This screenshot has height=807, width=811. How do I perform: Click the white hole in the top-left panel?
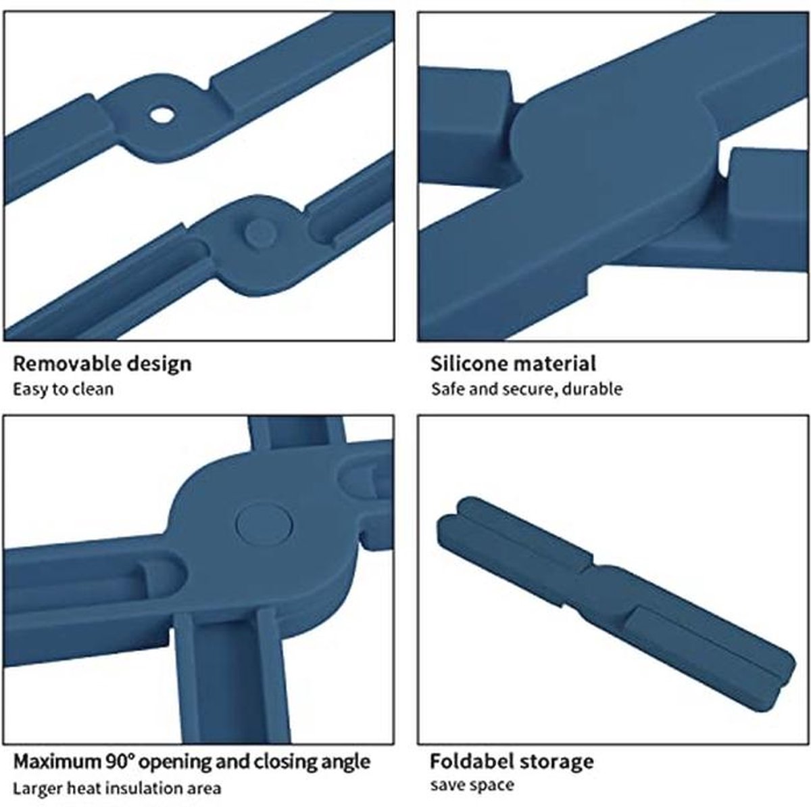tap(163, 114)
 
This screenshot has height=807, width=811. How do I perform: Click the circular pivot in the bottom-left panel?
tap(265, 525)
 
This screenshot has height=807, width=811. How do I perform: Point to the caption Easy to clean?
tap(63, 389)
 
